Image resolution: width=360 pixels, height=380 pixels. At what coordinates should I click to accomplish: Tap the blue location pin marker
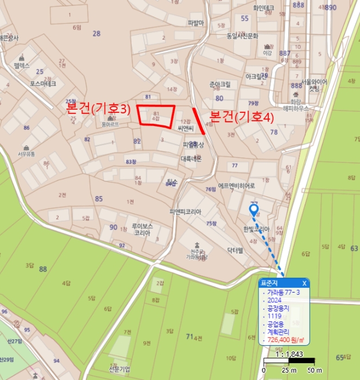pos(254,210)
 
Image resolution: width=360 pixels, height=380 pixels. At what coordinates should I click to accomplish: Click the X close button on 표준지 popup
pos(304,283)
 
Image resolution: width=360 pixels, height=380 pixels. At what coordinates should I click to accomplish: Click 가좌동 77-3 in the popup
pos(287,292)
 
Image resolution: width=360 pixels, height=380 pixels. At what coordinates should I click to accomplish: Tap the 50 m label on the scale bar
pos(307,370)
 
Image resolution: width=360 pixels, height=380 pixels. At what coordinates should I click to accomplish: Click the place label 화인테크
pos(263,8)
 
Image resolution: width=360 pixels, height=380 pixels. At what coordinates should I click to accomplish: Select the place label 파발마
pos(195,23)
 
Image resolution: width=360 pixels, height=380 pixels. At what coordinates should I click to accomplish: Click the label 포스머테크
pos(43,85)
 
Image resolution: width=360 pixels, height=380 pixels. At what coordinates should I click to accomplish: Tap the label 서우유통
pos(26,154)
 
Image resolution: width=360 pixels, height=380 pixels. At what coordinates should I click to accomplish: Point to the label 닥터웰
pos(236,250)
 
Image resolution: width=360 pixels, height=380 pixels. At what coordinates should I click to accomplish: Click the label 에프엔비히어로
pos(236,185)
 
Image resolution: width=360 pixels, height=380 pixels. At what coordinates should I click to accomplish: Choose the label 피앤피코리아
pos(186,212)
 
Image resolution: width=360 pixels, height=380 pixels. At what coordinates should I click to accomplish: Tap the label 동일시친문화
pos(243,36)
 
